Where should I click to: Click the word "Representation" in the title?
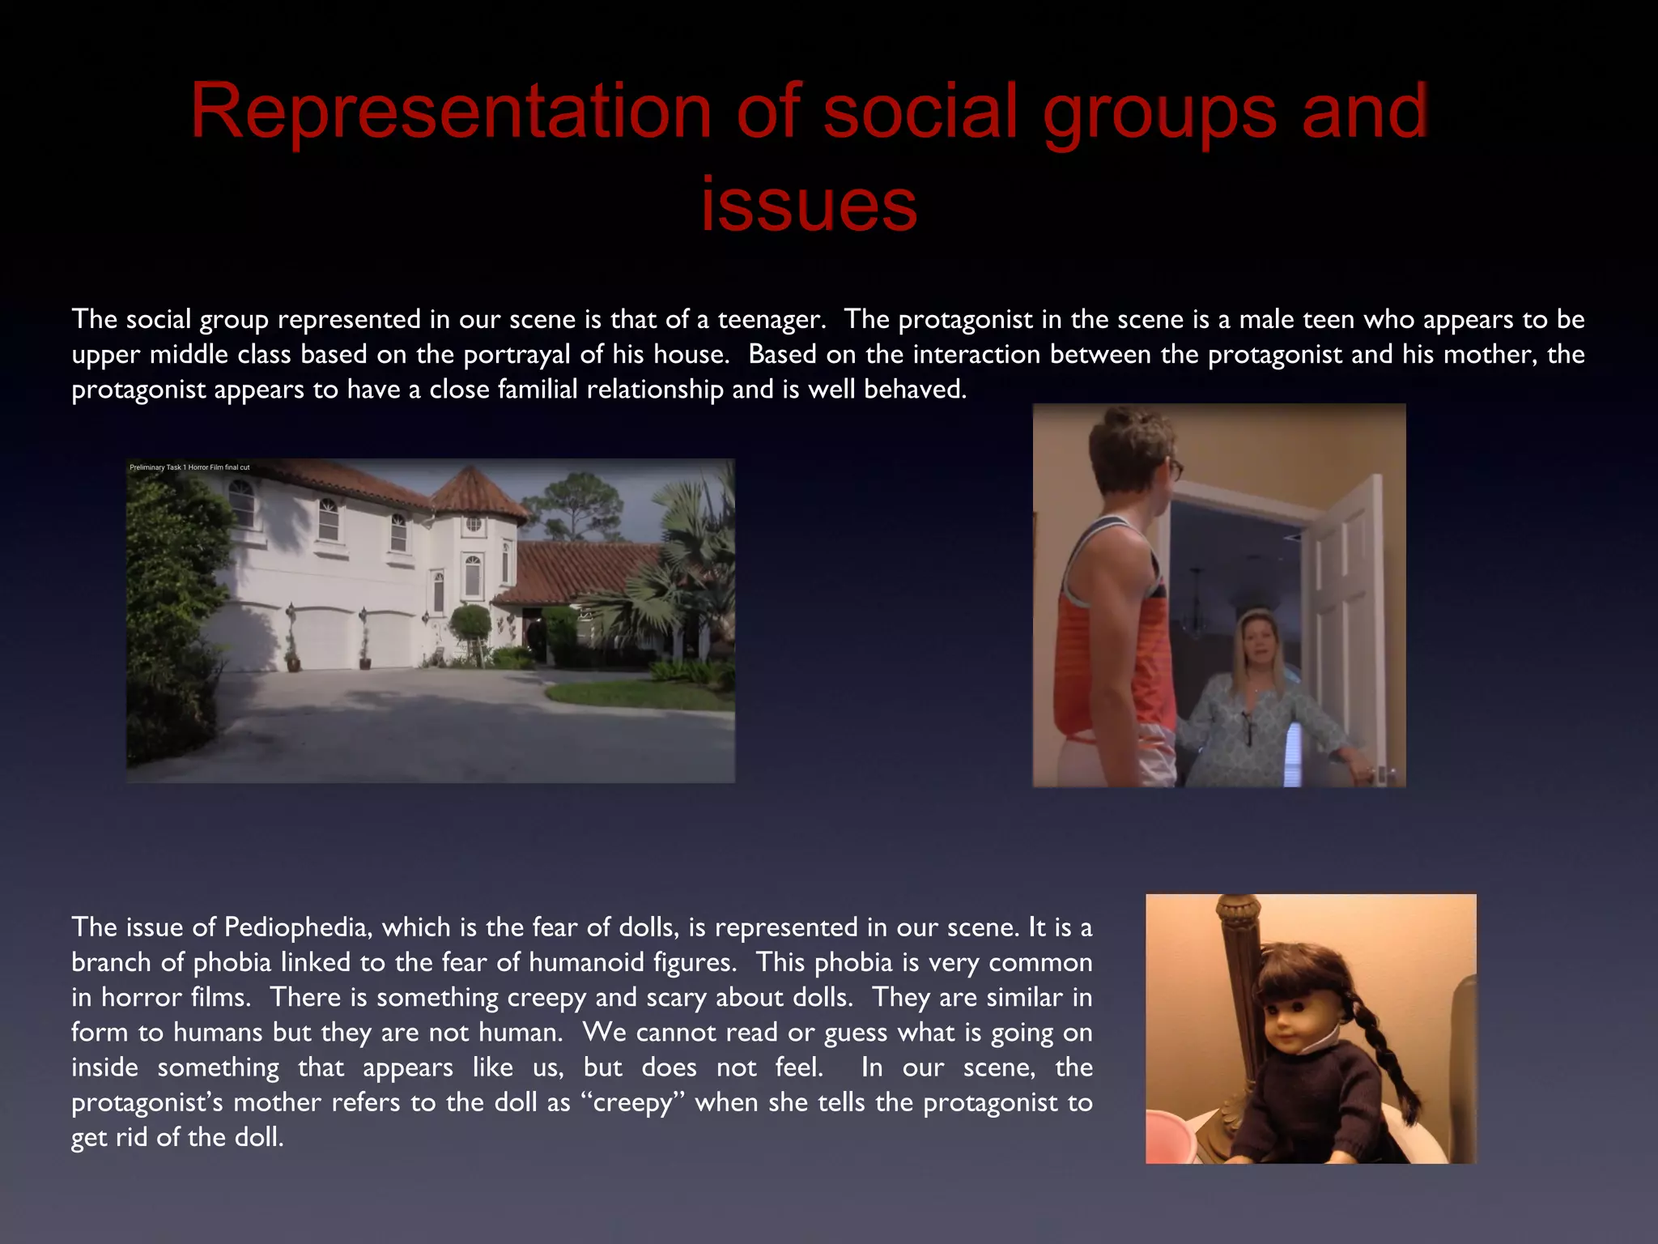coord(450,111)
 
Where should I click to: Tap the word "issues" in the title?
coord(809,204)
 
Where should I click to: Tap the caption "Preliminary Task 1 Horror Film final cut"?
coord(189,467)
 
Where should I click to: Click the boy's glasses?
coord(1174,468)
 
